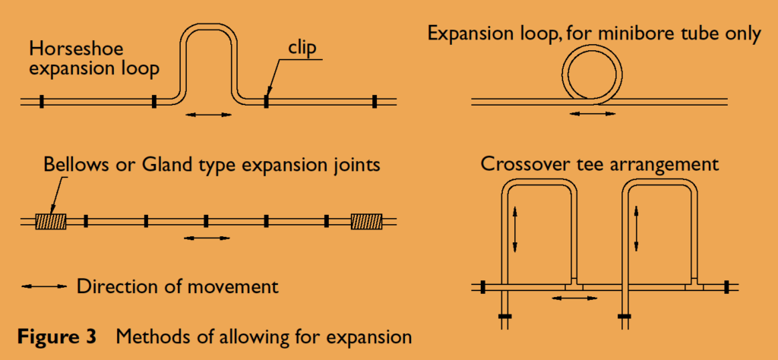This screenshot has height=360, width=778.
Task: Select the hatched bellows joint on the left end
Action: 51,221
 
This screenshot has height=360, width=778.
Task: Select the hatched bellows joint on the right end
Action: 367,221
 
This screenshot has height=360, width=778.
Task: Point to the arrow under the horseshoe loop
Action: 208,115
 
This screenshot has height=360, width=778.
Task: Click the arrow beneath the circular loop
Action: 592,114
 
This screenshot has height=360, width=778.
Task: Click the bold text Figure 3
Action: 57,336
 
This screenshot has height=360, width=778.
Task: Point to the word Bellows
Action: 75,164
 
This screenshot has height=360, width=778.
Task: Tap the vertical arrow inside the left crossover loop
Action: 516,229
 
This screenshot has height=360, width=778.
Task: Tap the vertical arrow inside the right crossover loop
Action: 637,229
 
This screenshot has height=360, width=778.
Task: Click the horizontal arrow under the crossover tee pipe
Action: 576,298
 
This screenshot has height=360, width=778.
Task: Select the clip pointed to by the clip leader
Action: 267,102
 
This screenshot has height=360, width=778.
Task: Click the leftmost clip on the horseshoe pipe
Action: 43,102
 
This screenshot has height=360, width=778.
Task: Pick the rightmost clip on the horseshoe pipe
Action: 375,102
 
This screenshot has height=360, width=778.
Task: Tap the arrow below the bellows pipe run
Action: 207,238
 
